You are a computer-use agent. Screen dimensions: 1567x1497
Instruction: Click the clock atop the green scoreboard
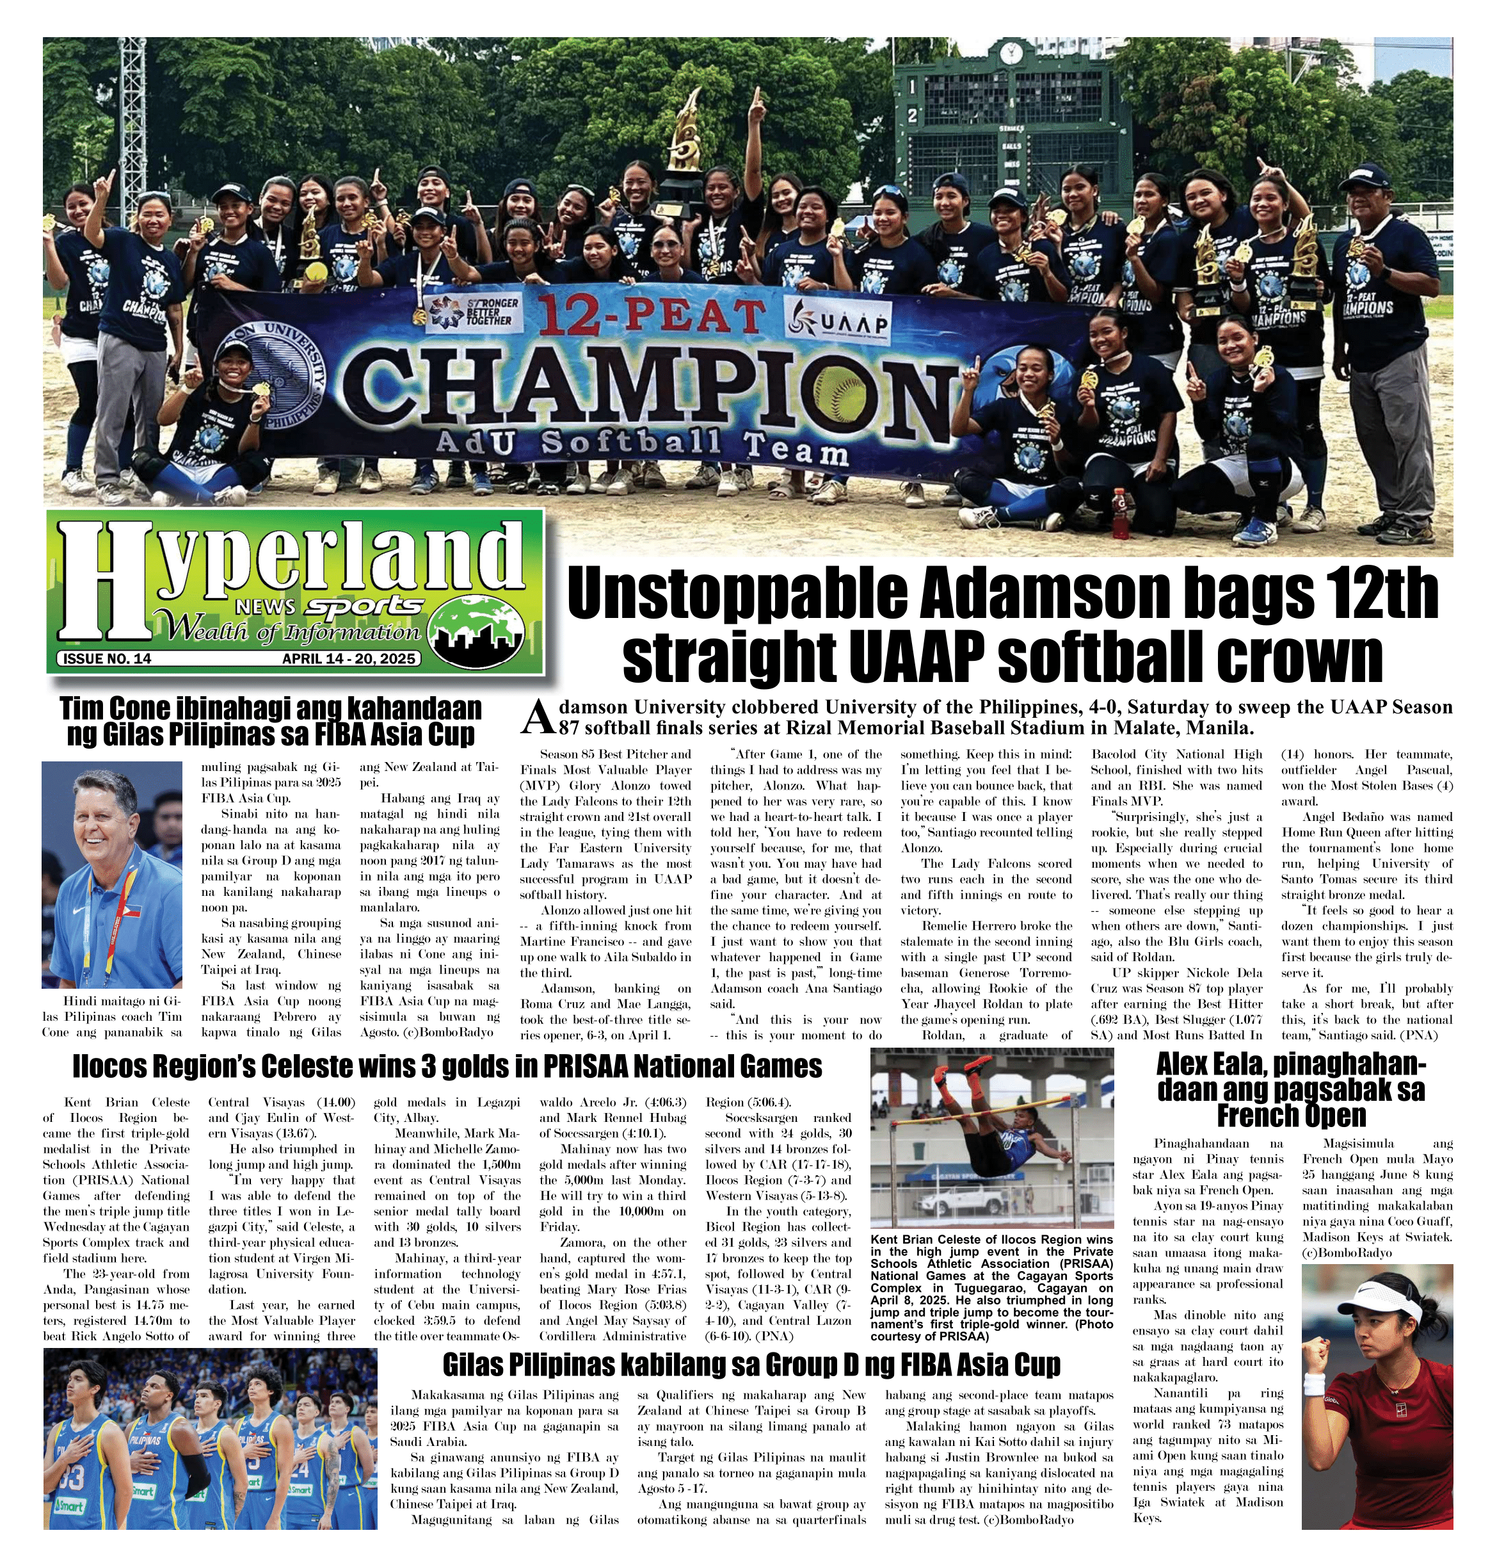pos(1012,52)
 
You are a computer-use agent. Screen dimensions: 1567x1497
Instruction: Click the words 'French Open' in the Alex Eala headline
pos(1291,1114)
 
